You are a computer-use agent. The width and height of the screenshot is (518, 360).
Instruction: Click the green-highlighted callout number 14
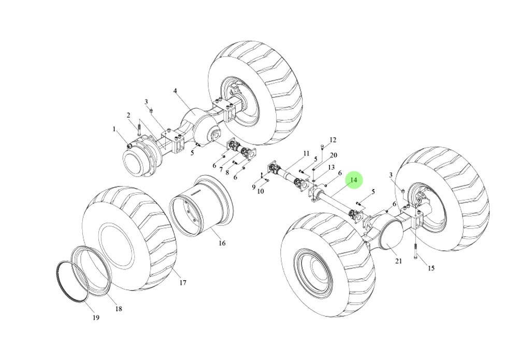pyautogui.click(x=354, y=180)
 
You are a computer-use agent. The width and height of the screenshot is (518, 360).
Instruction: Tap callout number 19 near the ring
pyautogui.click(x=95, y=318)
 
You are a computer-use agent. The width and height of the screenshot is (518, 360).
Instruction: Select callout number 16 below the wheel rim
pyautogui.click(x=222, y=243)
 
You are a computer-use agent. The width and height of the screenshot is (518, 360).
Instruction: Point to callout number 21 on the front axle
pyautogui.click(x=398, y=261)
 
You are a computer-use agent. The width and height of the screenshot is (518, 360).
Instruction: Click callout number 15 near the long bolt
pyautogui.click(x=431, y=268)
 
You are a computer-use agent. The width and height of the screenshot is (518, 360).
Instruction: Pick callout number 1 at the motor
pyautogui.click(x=114, y=128)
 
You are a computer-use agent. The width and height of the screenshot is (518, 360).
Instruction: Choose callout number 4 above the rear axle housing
pyautogui.click(x=175, y=91)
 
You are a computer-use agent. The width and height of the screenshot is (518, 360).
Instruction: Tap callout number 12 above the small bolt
pyautogui.click(x=333, y=140)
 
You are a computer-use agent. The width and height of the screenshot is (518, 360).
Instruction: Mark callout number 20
pyautogui.click(x=334, y=155)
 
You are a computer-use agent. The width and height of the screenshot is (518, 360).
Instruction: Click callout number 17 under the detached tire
pyautogui.click(x=183, y=283)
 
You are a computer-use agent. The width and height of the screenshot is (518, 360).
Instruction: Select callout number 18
pyautogui.click(x=119, y=309)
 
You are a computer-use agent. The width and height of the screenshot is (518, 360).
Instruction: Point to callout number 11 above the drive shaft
pyautogui.click(x=306, y=154)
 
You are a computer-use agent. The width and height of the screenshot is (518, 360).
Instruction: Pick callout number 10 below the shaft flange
pyautogui.click(x=261, y=191)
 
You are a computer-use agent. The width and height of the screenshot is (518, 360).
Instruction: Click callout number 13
pyautogui.click(x=331, y=167)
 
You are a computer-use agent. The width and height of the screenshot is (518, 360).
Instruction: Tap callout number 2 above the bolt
pyautogui.click(x=128, y=115)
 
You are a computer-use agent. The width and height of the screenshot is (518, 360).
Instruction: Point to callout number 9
pyautogui.click(x=254, y=187)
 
